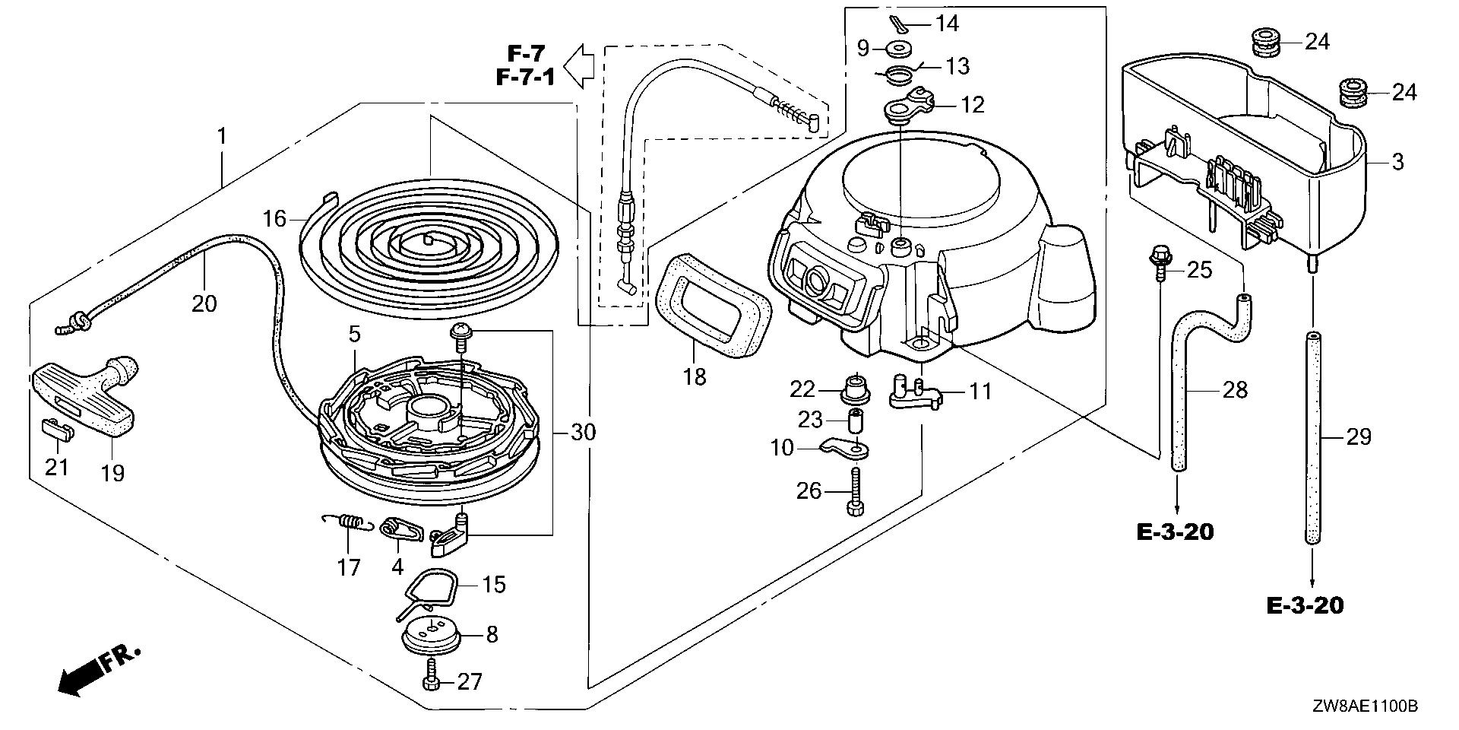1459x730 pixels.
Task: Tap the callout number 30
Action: (583, 433)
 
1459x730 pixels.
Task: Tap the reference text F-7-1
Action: (526, 78)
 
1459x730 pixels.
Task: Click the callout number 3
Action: (1398, 162)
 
